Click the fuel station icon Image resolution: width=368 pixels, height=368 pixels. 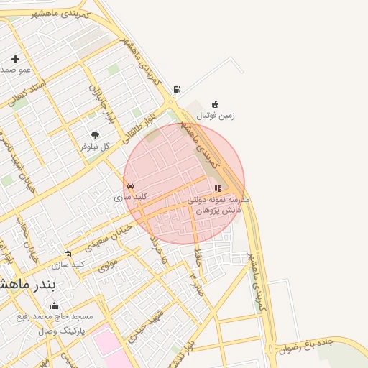tap(177, 90)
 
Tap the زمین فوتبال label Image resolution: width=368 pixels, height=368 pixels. tap(216, 115)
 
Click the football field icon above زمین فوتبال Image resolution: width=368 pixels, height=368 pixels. tap(216, 105)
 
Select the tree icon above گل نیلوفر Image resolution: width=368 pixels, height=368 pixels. tap(95, 135)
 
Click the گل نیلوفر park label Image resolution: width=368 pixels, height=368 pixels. tap(95, 146)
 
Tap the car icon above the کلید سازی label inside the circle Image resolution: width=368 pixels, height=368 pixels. tap(130, 185)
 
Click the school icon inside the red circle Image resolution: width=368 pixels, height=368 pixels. tap(218, 188)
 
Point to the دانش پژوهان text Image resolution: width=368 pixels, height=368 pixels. tap(216, 210)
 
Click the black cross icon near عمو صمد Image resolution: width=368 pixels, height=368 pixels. tap(16, 59)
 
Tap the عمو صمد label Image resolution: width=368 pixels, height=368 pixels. tap(15, 70)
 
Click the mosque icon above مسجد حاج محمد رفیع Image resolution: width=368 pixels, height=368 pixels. tap(54, 306)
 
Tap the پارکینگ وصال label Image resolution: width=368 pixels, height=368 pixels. tap(62, 331)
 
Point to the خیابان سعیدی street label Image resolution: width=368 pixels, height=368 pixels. tap(109, 236)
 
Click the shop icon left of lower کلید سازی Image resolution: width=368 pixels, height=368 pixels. tap(68, 254)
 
